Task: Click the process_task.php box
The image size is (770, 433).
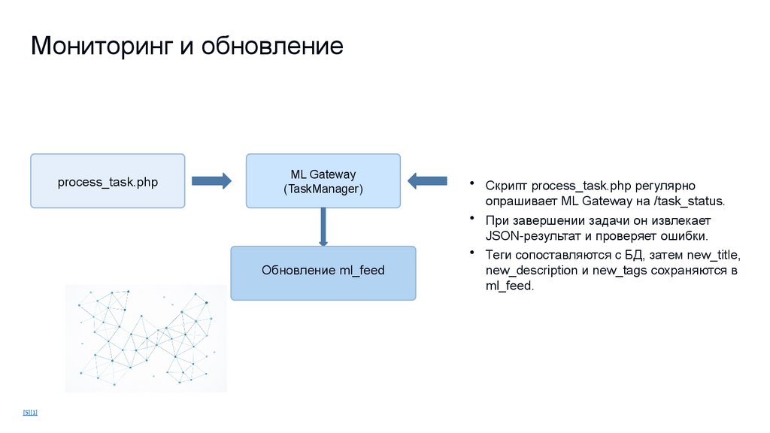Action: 108,181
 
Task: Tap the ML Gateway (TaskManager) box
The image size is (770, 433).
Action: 323,181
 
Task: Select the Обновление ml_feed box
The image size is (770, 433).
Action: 323,270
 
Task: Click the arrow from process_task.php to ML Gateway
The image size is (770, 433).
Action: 211,180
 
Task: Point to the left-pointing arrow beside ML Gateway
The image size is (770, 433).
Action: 426,180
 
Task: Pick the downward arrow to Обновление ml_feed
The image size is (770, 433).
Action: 323,227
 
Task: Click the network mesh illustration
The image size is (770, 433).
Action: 146,338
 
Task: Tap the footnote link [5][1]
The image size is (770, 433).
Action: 30,412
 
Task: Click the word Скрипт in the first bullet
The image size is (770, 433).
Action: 506,185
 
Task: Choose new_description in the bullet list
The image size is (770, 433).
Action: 532,270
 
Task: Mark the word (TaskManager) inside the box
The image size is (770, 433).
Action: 323,189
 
